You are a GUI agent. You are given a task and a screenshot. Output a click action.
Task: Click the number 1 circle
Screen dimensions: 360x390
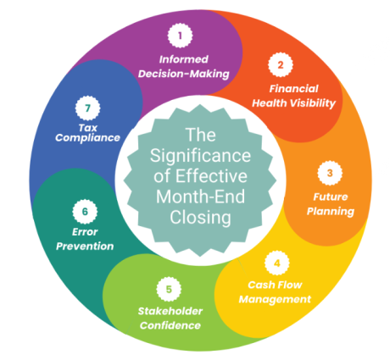tap(179, 36)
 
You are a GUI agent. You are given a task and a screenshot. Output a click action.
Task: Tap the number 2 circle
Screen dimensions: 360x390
tap(279, 64)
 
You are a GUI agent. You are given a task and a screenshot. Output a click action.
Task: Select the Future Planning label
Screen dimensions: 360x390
tap(327, 204)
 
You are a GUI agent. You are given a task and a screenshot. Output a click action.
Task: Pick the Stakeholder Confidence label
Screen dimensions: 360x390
tap(169, 318)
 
